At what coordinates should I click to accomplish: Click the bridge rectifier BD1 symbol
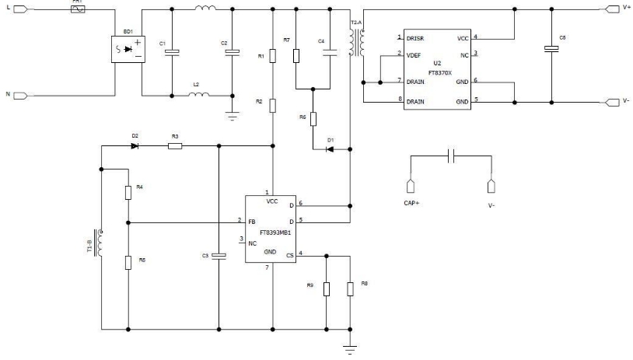pyautogui.click(x=128, y=52)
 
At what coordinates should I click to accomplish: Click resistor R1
pyautogui.click(x=272, y=57)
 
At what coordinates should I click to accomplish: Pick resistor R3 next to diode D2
pyautogui.click(x=175, y=145)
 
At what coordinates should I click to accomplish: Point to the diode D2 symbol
pyautogui.click(x=135, y=145)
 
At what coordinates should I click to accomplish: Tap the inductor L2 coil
pyautogui.click(x=198, y=95)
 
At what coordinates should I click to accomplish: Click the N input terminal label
pyautogui.click(x=8, y=94)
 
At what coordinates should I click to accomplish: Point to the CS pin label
pyautogui.click(x=290, y=254)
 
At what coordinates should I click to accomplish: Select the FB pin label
pyautogui.click(x=252, y=222)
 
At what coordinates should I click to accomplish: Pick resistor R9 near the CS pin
pyautogui.click(x=327, y=288)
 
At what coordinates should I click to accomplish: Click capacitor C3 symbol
pyautogui.click(x=219, y=254)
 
